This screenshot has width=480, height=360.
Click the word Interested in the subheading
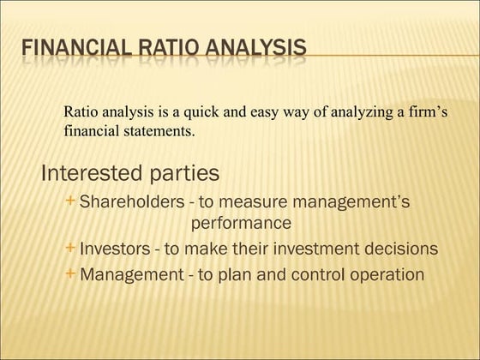click(x=92, y=173)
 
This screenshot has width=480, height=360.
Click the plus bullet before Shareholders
click(x=69, y=201)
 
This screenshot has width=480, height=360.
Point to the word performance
click(x=241, y=223)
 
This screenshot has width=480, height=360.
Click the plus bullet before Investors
click(x=69, y=249)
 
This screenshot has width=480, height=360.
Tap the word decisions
click(x=400, y=249)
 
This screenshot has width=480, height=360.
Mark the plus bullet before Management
click(x=69, y=274)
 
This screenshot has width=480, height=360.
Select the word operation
click(x=383, y=276)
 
